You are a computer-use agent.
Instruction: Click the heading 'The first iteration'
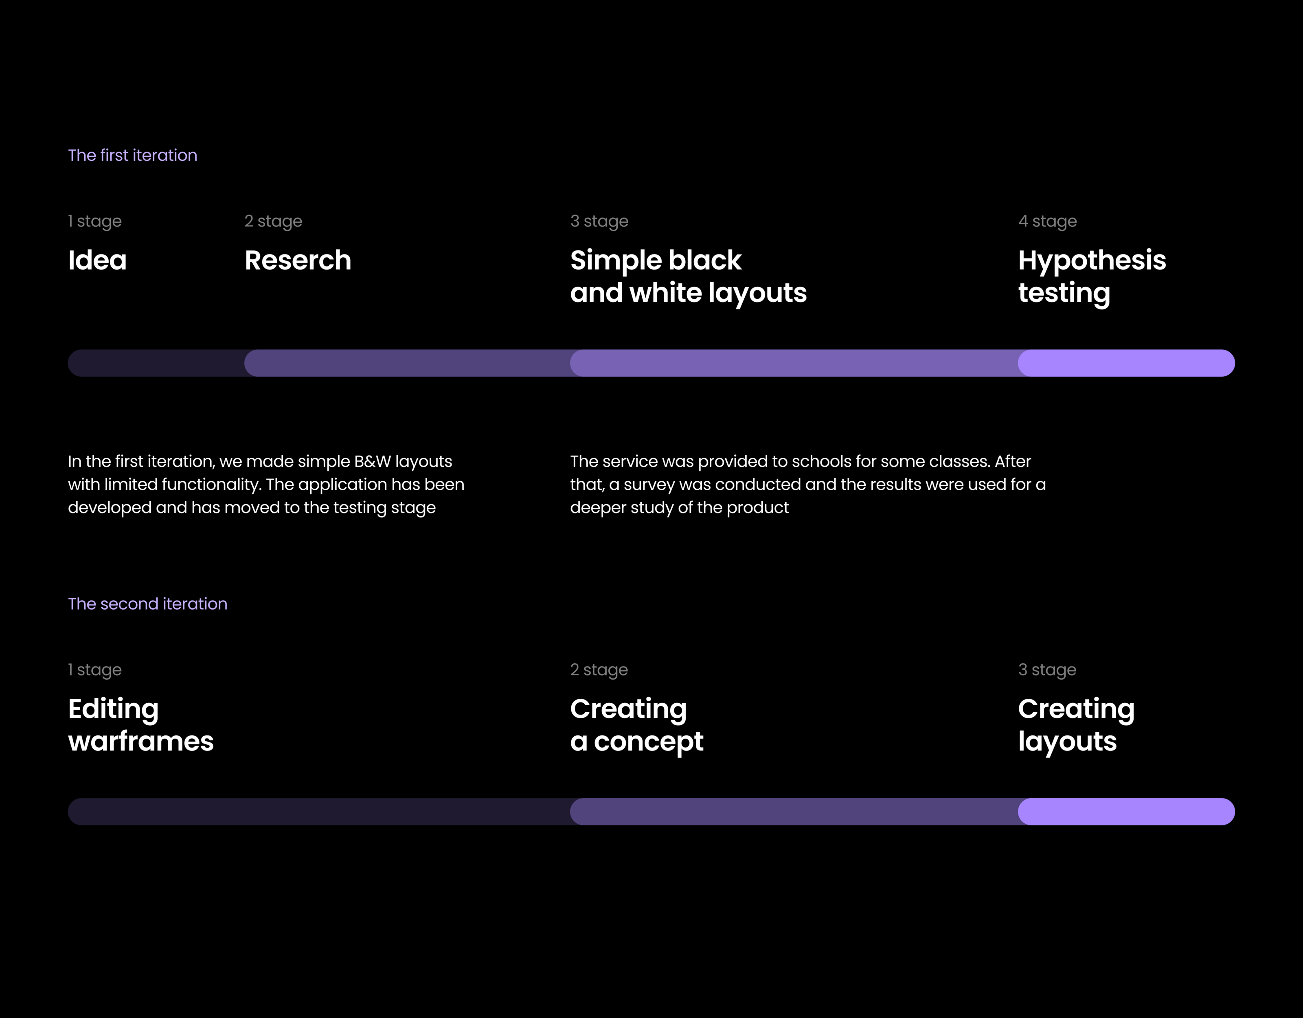[132, 155]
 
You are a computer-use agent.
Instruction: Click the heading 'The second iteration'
[147, 604]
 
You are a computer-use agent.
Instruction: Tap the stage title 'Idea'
[97, 260]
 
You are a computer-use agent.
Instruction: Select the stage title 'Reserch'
[298, 260]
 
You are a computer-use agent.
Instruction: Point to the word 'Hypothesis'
[1092, 261]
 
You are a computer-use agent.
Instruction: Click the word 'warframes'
[141, 741]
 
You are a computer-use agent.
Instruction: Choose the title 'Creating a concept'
[636, 725]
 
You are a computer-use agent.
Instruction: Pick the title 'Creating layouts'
[1076, 725]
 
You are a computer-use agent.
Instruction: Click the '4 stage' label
[1048, 222]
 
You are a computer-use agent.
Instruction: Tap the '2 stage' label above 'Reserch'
[273, 222]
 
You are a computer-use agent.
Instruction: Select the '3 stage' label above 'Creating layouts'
[1047, 670]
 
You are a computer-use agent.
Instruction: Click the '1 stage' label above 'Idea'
[95, 222]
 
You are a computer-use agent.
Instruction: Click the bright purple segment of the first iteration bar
[1126, 363]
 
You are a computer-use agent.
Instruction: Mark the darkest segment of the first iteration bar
[156, 363]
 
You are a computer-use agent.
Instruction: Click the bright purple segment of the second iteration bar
[1126, 812]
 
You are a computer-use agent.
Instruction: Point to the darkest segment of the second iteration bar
[319, 812]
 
